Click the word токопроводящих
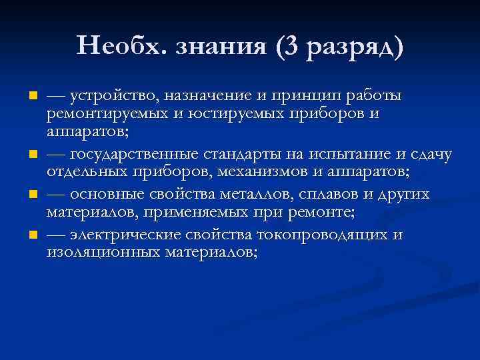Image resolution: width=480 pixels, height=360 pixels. pyautogui.click(x=324, y=235)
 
